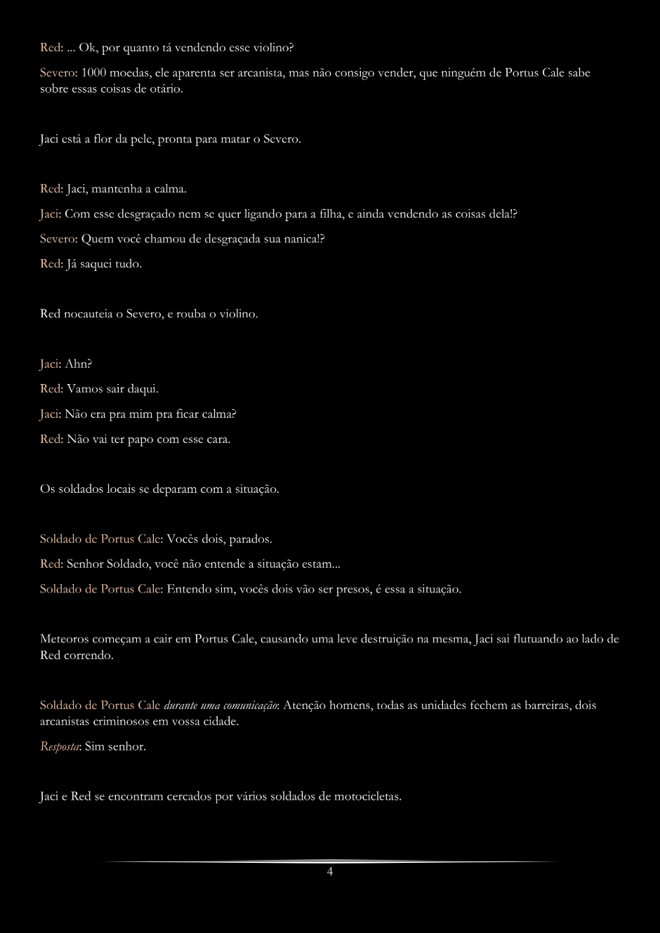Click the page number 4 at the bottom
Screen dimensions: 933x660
(329, 872)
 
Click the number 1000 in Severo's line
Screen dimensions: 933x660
(95, 73)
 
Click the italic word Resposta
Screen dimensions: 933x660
(59, 746)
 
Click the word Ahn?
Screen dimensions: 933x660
(78, 364)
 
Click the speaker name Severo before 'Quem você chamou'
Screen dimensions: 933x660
(58, 239)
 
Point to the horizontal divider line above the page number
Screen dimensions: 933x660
(329, 861)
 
